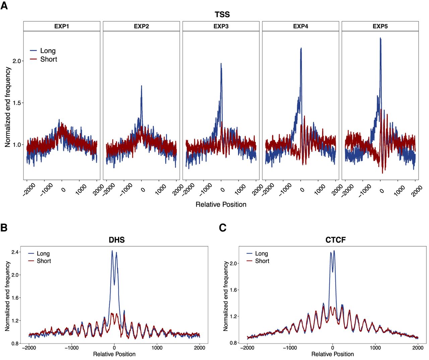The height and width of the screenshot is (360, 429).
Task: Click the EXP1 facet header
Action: point(62,26)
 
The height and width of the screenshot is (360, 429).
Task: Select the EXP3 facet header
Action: point(221,26)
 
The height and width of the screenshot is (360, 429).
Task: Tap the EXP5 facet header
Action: point(380,26)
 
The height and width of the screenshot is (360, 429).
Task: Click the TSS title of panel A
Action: point(222,14)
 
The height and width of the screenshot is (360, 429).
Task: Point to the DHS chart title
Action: point(117,240)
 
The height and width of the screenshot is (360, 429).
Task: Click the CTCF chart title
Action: point(335,240)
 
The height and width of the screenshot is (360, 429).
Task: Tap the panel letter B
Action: point(4,228)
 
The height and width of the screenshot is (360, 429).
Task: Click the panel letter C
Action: point(223,228)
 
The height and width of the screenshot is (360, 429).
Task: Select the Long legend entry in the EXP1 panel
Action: point(43,51)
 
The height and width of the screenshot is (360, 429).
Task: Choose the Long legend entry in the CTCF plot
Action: point(257,254)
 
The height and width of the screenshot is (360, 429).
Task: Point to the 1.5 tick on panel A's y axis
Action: point(17,103)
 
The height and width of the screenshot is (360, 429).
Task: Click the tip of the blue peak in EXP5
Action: point(380,38)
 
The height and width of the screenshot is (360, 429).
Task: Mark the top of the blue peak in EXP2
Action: point(141,86)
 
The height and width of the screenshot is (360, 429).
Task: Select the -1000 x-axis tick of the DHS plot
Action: point(71,348)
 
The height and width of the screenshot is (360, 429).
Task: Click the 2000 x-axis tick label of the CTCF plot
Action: point(418,348)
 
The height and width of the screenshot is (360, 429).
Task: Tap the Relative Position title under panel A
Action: point(221,204)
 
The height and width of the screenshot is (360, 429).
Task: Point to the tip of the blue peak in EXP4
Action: point(301,48)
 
